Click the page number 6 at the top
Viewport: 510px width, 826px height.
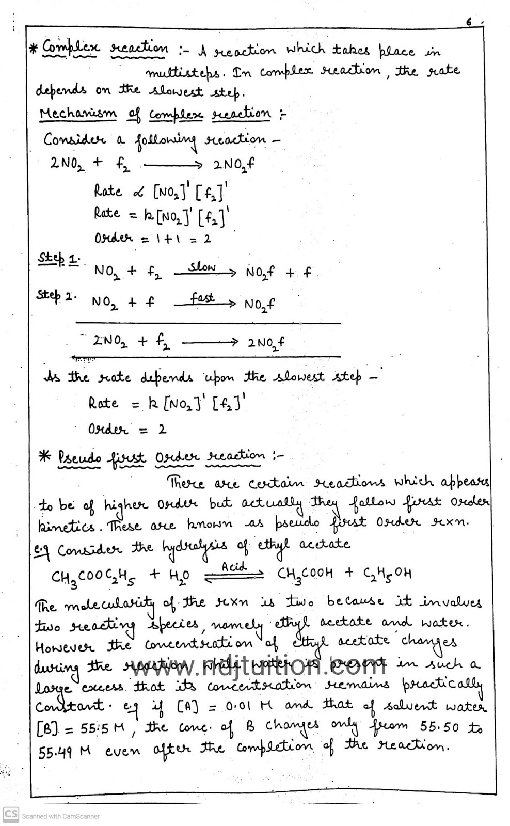click(x=468, y=22)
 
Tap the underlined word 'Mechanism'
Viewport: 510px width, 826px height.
click(x=78, y=114)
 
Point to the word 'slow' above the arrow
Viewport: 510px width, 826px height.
click(x=201, y=267)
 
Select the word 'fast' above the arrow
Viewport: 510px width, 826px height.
click(x=202, y=298)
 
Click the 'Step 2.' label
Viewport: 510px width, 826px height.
click(x=56, y=296)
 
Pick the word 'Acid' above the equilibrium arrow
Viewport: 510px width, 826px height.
click(x=234, y=567)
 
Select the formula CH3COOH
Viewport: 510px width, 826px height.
click(x=306, y=574)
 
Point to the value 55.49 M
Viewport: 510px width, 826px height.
click(x=65, y=752)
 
